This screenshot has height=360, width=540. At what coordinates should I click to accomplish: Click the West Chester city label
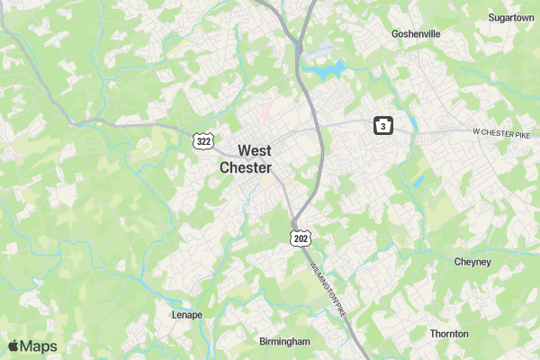coord(246,159)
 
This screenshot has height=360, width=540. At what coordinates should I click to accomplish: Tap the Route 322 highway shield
coord(202,142)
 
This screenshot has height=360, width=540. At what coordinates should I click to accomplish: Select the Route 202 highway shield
coord(301,236)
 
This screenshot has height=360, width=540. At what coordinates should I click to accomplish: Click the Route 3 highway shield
coord(383,127)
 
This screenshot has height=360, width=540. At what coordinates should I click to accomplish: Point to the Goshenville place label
coord(416,33)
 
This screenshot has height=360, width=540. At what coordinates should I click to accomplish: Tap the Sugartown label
coord(511,17)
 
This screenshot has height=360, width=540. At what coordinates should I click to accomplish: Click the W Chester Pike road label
coord(503,132)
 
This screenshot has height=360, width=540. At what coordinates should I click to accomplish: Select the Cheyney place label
coord(472,262)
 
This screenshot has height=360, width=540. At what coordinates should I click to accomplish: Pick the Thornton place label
coord(449,334)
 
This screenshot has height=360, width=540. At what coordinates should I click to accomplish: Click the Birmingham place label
coord(284,342)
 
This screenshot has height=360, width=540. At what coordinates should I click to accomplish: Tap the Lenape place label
coord(187,315)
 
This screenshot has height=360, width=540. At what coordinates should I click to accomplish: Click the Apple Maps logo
coord(32,346)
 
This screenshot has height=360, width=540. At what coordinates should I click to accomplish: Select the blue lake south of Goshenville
coord(327,68)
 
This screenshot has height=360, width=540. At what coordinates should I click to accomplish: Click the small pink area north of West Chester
coord(265,113)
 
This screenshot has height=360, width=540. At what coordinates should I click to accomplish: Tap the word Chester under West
coord(246,167)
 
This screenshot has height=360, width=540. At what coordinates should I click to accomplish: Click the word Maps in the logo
coord(40,346)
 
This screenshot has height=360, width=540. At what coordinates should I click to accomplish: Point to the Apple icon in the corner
coord(13,346)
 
